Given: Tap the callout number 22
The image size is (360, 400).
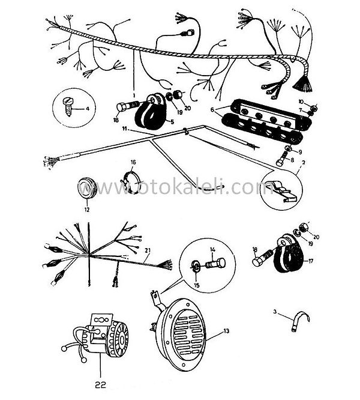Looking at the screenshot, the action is pyautogui.click(x=100, y=379).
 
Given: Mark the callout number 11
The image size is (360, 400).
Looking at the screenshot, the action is pyautogui.click(x=124, y=129).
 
